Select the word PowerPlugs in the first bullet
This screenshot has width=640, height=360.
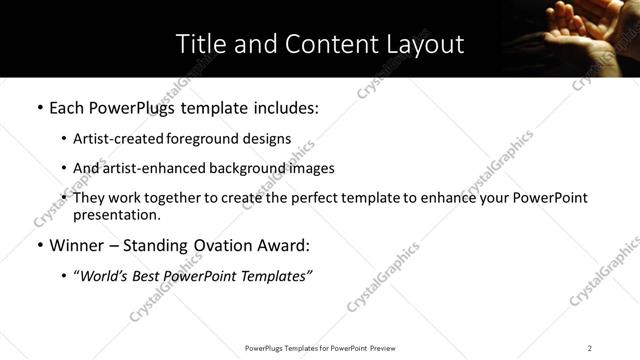click(138, 107)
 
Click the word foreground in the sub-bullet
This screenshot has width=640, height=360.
click(212, 139)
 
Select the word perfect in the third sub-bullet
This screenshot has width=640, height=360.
click(333, 198)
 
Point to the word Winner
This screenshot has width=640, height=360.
click(77, 245)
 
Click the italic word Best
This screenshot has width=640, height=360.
click(153, 275)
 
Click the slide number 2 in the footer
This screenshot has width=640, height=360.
click(590, 348)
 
